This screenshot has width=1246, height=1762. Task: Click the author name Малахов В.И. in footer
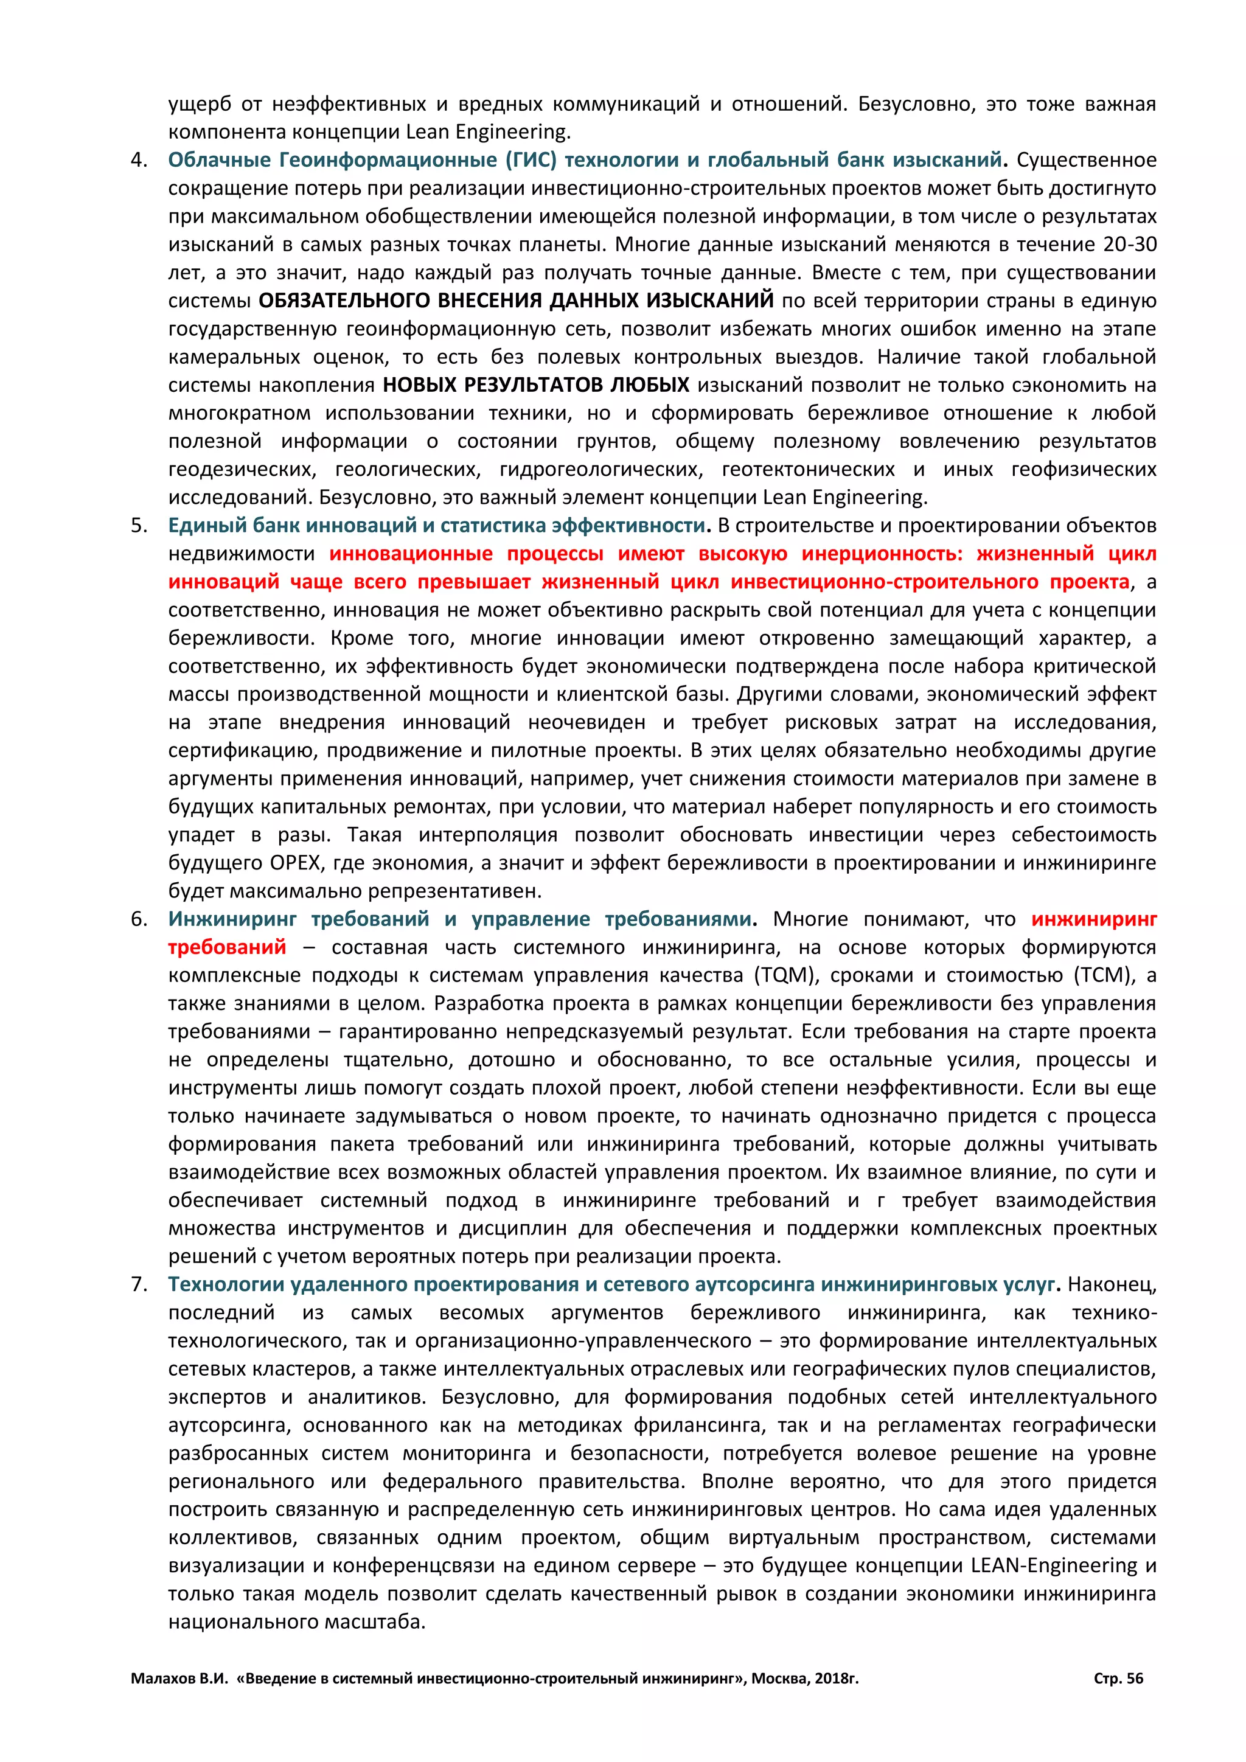click(179, 1679)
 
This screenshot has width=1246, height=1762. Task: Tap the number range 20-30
click(1129, 245)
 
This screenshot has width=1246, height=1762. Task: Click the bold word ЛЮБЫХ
click(649, 385)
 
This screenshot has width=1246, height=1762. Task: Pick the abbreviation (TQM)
click(784, 975)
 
